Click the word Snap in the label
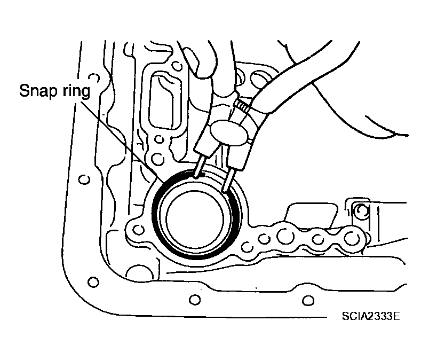38,91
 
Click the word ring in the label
76,91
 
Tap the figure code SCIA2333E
371,316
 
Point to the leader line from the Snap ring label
122,142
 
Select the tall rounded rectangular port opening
165,100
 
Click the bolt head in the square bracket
361,210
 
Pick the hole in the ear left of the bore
138,230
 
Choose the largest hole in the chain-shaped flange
285,236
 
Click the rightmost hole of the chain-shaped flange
351,238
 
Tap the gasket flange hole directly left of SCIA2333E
308,301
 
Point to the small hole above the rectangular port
177,66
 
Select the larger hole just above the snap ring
157,159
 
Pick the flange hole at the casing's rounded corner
93,281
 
